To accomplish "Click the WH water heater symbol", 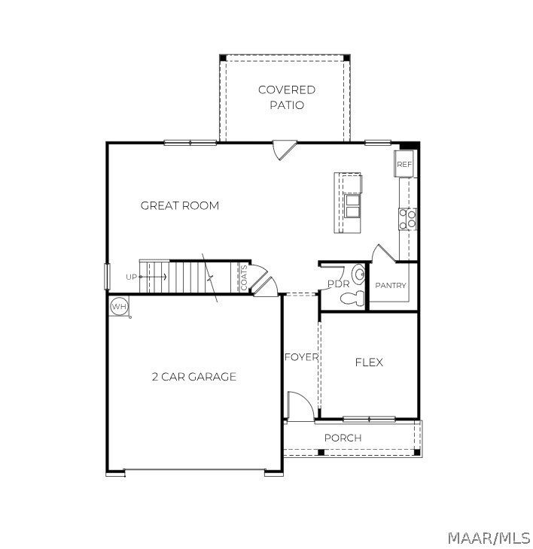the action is click(x=119, y=307).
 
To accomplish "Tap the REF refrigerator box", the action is click(x=404, y=164).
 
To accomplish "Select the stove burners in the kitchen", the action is click(x=407, y=219).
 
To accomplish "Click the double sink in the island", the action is click(x=352, y=206).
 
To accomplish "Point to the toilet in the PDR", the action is click(x=352, y=299).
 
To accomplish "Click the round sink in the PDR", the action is click(x=358, y=274).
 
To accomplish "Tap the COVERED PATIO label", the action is click(x=287, y=97).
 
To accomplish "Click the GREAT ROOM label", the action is click(x=180, y=205).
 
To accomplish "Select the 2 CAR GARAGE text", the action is click(x=194, y=377).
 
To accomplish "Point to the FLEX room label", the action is click(x=369, y=362).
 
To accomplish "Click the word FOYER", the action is click(x=301, y=357).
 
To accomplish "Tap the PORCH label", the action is click(x=343, y=438).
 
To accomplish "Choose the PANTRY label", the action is click(x=391, y=285).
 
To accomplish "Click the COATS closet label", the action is click(x=244, y=278).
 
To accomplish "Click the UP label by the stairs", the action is click(x=131, y=277).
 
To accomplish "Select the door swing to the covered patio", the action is click(x=285, y=150).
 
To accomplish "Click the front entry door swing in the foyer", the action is click(x=300, y=406).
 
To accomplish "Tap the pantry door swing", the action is click(x=384, y=253).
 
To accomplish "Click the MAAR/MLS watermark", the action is click(x=489, y=538).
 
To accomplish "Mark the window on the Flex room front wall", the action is click(x=369, y=419).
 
